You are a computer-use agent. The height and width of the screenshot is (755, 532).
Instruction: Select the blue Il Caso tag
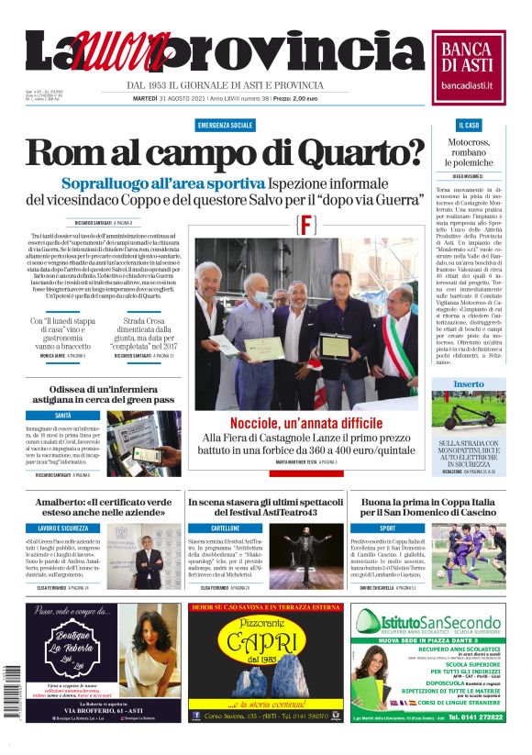click(468, 124)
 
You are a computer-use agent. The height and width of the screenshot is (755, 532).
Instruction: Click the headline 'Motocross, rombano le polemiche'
click(469, 152)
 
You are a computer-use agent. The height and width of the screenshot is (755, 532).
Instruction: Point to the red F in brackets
click(307, 226)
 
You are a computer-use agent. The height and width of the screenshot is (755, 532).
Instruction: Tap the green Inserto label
click(468, 383)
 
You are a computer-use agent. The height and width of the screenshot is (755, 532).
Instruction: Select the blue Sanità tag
click(63, 415)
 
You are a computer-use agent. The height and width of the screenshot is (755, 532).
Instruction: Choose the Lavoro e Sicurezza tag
click(63, 528)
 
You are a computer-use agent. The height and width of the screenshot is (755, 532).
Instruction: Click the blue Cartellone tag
click(226, 528)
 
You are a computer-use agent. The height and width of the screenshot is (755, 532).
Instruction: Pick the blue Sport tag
click(388, 528)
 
